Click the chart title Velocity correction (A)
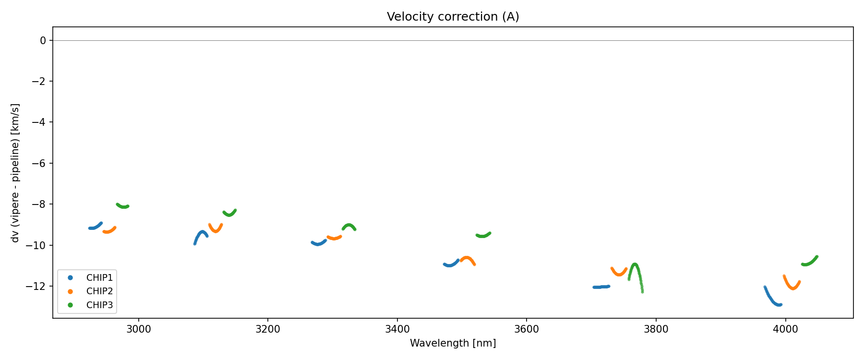(x=453, y=17)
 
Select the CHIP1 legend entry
(x=99, y=277)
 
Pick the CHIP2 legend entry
(x=99, y=291)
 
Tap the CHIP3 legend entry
(x=99, y=305)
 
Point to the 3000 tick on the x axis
(x=139, y=329)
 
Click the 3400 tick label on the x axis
(x=397, y=329)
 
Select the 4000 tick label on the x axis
(x=785, y=329)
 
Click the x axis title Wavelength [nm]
(x=453, y=343)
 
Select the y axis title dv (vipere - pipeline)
(x=15, y=173)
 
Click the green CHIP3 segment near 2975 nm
(x=123, y=206)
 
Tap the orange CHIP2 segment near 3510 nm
(x=467, y=258)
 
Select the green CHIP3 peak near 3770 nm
(x=635, y=264)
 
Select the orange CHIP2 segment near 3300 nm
(x=334, y=238)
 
